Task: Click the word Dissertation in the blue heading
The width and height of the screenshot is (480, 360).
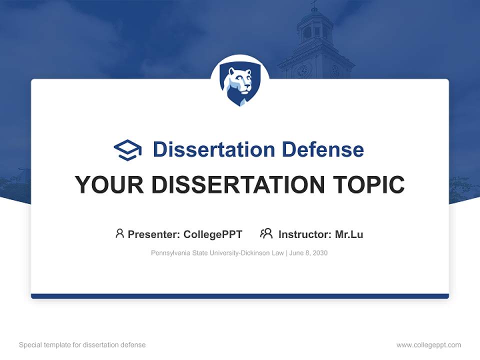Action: (213, 149)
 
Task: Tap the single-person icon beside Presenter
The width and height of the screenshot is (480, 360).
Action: (119, 233)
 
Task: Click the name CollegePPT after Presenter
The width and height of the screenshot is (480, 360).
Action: (213, 234)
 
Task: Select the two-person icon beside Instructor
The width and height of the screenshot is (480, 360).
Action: (266, 233)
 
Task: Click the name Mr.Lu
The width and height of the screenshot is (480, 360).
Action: (349, 234)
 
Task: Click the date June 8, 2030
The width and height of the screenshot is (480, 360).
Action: (308, 253)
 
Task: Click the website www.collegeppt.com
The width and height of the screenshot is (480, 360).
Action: (428, 345)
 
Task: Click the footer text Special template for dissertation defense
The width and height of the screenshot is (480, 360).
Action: (82, 345)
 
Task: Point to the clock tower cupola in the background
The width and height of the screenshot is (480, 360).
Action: (315, 27)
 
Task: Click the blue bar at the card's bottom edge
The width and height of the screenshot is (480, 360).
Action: (240, 296)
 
